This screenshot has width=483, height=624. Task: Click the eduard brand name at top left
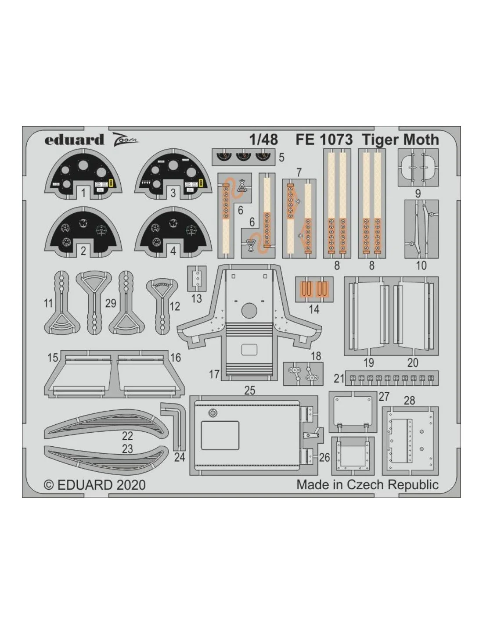pyautogui.click(x=74, y=140)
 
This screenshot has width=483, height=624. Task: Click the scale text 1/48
pyautogui.click(x=263, y=140)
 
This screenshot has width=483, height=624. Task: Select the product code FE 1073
pyautogui.click(x=324, y=140)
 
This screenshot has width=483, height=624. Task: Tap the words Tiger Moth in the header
pyautogui.click(x=400, y=140)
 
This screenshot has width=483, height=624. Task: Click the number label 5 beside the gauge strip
pyautogui.click(x=281, y=158)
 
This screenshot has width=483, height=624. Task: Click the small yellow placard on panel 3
pyautogui.click(x=201, y=182)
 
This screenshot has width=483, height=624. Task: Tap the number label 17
pyautogui.click(x=214, y=374)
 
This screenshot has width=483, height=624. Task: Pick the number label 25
pyautogui.click(x=250, y=390)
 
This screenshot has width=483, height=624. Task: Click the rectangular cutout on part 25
pyautogui.click(x=220, y=435)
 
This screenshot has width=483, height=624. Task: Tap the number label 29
pyautogui.click(x=111, y=303)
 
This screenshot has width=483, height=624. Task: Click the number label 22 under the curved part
pyautogui.click(x=127, y=436)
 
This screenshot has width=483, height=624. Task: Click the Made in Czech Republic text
pyautogui.click(x=368, y=485)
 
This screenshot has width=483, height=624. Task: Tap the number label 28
pyautogui.click(x=409, y=400)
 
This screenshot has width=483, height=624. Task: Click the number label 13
pyautogui.click(x=197, y=299)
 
